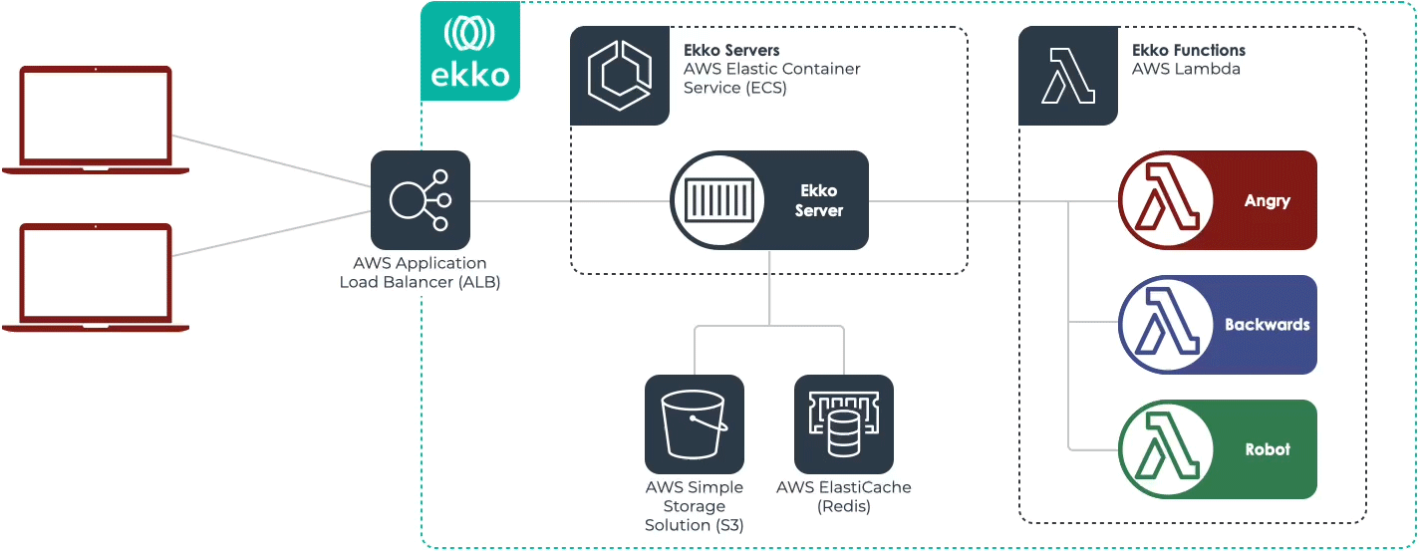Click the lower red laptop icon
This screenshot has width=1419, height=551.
(96, 277)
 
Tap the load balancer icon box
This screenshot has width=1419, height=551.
(420, 200)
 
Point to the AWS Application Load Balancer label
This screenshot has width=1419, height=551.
(420, 272)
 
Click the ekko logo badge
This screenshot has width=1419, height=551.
(469, 51)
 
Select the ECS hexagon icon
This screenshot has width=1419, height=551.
(619, 76)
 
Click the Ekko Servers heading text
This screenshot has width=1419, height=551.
(731, 50)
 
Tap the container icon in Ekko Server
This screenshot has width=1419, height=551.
(718, 200)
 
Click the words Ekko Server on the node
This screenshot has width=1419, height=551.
(819, 200)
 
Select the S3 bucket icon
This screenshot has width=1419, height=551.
(694, 423)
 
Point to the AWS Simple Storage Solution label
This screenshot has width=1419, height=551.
(694, 506)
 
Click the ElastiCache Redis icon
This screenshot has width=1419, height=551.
(843, 423)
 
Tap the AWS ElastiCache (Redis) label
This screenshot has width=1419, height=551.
(843, 496)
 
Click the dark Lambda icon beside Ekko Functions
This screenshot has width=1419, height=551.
(1067, 76)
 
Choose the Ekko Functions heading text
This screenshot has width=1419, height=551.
(1188, 50)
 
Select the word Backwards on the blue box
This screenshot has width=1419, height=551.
(1267, 325)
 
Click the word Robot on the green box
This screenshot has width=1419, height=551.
(1267, 449)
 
